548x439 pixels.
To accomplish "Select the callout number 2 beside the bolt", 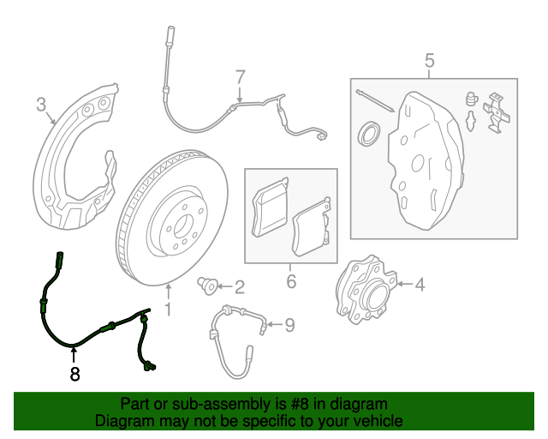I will point(239,286).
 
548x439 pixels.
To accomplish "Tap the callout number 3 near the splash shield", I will point(41,105).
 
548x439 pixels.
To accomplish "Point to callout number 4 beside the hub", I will point(420,284).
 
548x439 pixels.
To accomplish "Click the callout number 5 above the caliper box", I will point(430,60).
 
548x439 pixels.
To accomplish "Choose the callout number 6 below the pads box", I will point(290,281).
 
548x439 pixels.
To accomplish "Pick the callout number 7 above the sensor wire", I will point(241,76).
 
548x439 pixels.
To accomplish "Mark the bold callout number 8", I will point(74,374).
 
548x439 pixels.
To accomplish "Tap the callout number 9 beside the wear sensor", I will point(289,324).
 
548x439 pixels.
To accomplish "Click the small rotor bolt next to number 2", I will point(206,283).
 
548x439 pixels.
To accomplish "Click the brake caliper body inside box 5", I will point(428,159).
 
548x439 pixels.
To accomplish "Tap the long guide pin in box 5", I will point(376,100).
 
